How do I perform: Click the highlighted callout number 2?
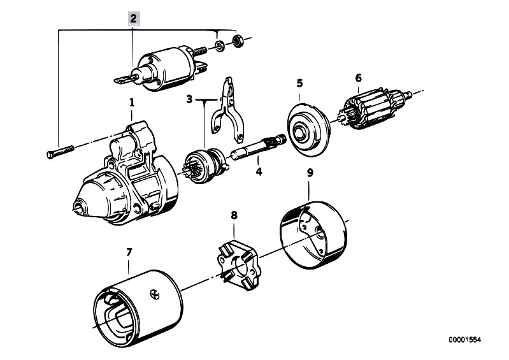[x=133, y=18]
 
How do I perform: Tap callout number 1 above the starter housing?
[x=132, y=103]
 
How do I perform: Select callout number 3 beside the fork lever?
[x=189, y=99]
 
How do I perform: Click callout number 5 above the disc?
[x=299, y=83]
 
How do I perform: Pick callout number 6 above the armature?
[x=359, y=78]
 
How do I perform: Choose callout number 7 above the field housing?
[x=129, y=252]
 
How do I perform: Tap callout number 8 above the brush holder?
[x=234, y=215]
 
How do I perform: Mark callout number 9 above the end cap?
[x=310, y=173]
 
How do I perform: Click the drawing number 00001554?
[x=464, y=340]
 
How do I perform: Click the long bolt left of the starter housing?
[x=61, y=152]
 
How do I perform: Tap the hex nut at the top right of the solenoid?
[x=237, y=40]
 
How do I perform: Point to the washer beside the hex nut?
[x=219, y=45]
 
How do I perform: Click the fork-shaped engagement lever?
[x=229, y=109]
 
